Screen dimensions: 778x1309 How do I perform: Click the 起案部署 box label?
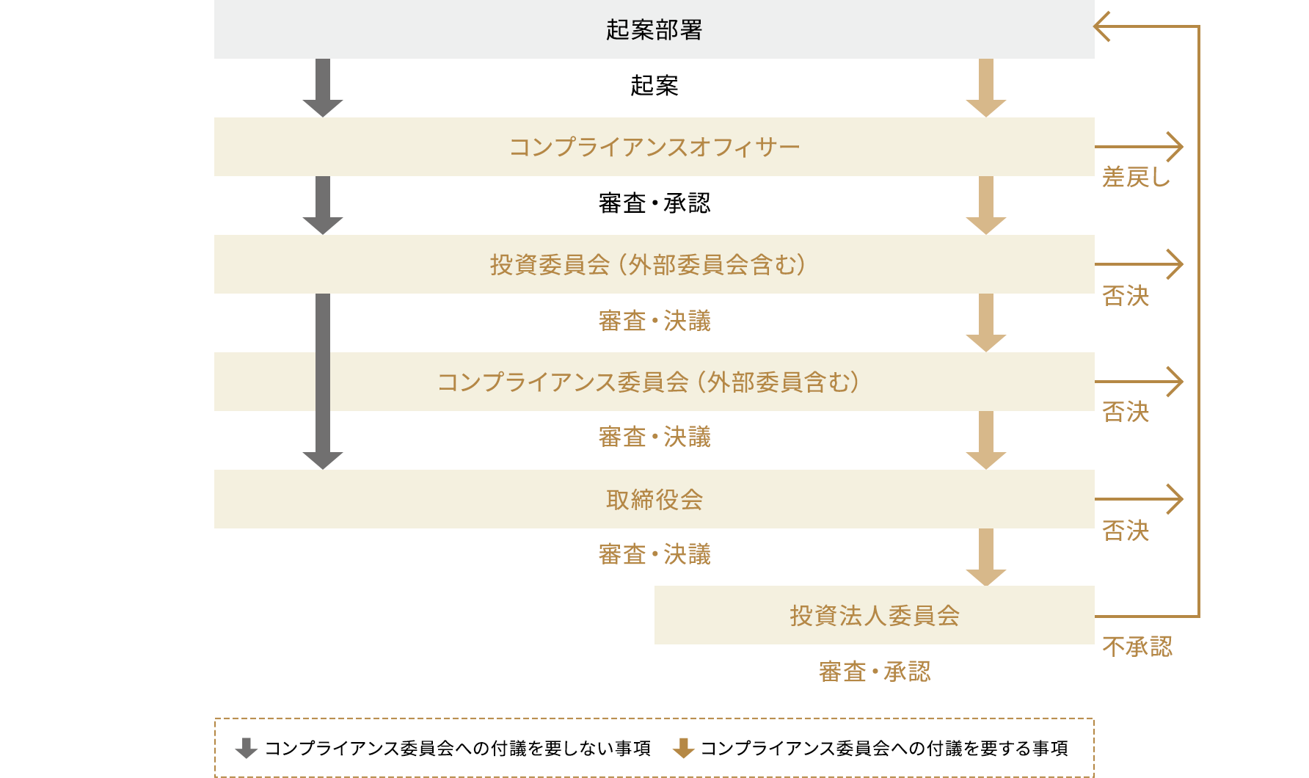(654, 29)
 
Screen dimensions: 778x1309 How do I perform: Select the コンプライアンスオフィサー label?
(654, 147)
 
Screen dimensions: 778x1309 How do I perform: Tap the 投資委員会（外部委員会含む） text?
(649, 264)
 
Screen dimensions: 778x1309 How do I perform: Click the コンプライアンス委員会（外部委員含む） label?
(649, 382)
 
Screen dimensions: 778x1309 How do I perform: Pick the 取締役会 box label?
(654, 499)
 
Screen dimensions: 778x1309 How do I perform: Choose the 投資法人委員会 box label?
(874, 615)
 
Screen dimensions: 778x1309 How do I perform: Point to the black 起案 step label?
(654, 86)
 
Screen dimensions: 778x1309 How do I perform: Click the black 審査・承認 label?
(654, 203)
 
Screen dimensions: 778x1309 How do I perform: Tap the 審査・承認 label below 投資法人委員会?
(874, 672)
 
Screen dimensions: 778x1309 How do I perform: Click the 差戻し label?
(1136, 177)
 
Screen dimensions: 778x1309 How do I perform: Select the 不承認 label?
(1137, 647)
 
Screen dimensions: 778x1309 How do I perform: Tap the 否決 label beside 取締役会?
(1126, 530)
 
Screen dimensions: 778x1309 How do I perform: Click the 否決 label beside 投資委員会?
(1126, 296)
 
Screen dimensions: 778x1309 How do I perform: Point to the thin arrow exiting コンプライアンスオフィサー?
(1139, 147)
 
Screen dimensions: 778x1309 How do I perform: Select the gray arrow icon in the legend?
(246, 748)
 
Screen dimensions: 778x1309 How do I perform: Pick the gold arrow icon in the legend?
(683, 748)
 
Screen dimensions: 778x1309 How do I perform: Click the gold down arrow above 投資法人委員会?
(985, 557)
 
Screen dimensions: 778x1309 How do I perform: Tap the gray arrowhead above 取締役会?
(323, 459)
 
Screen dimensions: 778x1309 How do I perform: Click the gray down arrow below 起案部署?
(323, 87)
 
